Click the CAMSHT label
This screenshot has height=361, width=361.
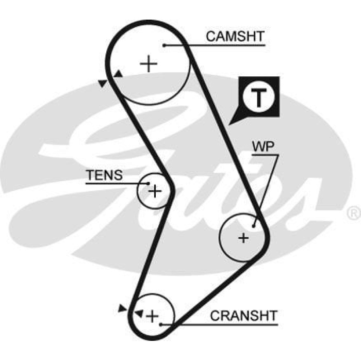coord(235,37)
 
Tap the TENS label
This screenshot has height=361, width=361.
coord(105,175)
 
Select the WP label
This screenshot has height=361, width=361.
coord(263,146)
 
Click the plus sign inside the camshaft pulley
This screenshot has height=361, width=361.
coord(149,64)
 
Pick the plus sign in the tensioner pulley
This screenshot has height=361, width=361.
coord(155,191)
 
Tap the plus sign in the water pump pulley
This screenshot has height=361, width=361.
coord(243,238)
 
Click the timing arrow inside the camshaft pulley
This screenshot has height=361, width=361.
coord(119,75)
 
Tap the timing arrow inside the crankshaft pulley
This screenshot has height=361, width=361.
coord(139,313)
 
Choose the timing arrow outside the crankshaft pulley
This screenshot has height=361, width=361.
coord(122,308)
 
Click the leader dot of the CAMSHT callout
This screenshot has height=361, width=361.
coord(165,45)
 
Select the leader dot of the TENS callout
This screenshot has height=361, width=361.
coord(149,183)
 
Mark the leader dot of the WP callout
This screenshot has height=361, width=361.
coord(254,225)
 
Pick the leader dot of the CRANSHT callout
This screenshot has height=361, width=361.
coord(161,324)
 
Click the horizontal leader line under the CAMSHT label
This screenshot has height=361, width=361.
coord(217,45)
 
